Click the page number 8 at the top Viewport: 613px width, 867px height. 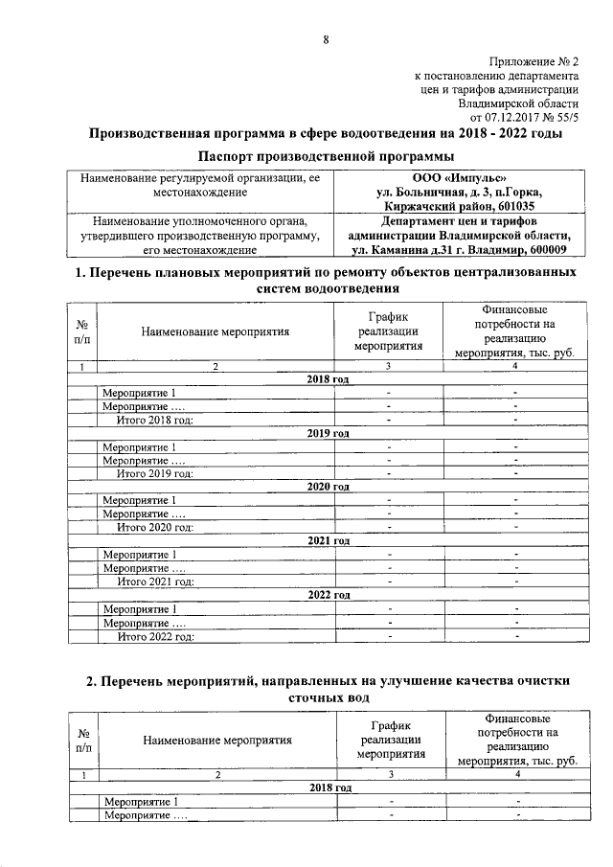coord(326,39)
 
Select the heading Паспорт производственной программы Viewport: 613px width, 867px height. coord(326,156)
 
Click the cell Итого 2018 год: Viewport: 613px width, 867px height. coord(154,420)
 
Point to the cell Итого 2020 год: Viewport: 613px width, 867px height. coord(154,527)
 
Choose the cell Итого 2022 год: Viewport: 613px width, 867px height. coord(154,635)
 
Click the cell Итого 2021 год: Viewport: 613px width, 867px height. coord(154,581)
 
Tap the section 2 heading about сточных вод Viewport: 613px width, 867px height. coord(326,689)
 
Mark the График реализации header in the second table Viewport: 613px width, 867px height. coord(390,739)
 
